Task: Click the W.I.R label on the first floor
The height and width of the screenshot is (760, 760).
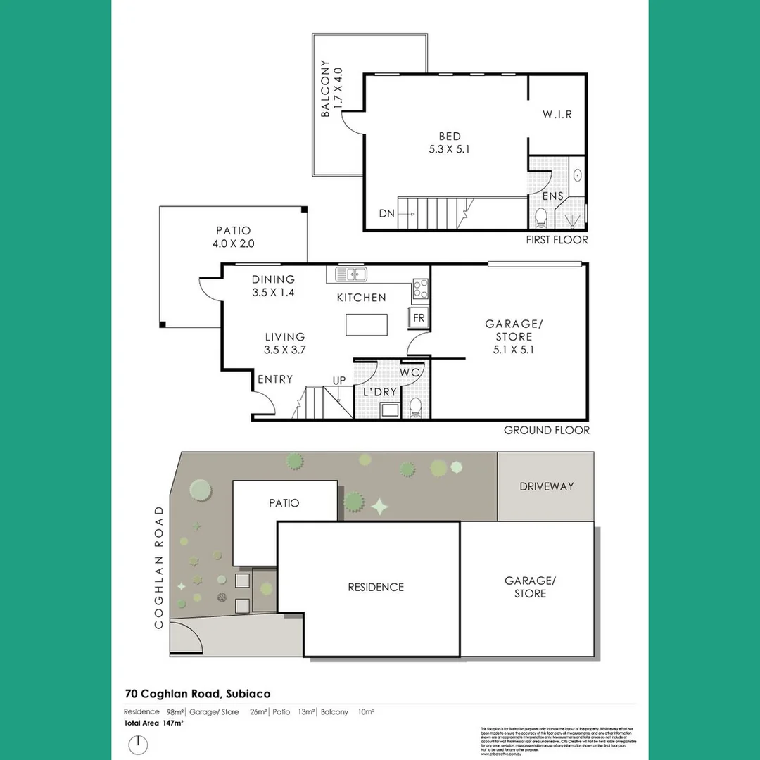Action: pyautogui.click(x=557, y=114)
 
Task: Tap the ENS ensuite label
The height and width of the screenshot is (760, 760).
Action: pyautogui.click(x=552, y=195)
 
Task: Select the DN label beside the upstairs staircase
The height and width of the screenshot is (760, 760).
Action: pyautogui.click(x=386, y=213)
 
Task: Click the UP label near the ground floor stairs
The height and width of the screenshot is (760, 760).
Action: pyautogui.click(x=339, y=381)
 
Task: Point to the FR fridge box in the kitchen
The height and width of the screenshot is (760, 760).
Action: pyautogui.click(x=419, y=318)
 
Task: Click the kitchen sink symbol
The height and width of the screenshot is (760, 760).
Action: pyautogui.click(x=349, y=274)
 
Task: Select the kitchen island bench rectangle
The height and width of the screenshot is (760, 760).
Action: pyautogui.click(x=366, y=325)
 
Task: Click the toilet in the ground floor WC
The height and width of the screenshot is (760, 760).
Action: pyautogui.click(x=415, y=406)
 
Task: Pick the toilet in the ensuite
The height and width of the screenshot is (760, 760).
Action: pyautogui.click(x=541, y=217)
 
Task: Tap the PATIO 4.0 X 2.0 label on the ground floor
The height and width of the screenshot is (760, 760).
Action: pyautogui.click(x=234, y=237)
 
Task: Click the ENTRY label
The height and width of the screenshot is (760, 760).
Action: pyautogui.click(x=275, y=379)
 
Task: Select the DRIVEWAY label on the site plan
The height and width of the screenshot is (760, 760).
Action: pyautogui.click(x=547, y=486)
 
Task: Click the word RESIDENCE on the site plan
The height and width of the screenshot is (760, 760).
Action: pyautogui.click(x=376, y=587)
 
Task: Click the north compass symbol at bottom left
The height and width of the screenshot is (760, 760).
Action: pyautogui.click(x=139, y=744)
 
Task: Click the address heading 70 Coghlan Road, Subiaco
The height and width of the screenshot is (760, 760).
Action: pyautogui.click(x=198, y=694)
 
